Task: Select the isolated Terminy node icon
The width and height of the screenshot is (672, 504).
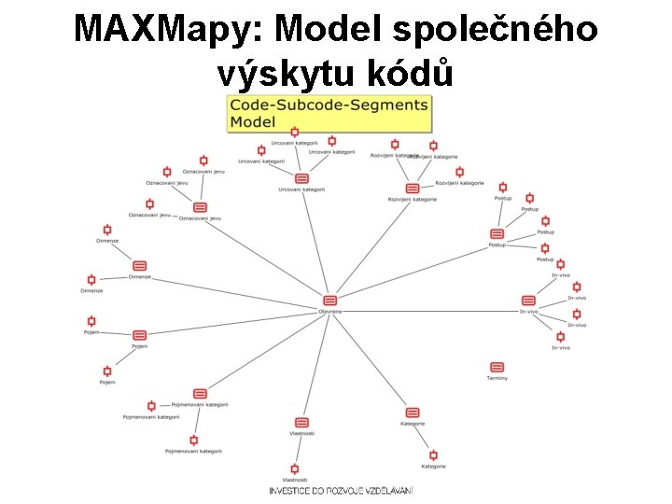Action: pos(497,368)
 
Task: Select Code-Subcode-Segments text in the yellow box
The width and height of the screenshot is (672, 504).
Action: pos(329,105)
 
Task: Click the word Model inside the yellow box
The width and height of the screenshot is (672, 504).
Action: pos(253,121)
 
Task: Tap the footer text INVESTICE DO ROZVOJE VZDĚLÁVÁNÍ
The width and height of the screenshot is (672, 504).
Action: pos(341,490)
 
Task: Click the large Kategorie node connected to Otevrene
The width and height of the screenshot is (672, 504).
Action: pos(413,413)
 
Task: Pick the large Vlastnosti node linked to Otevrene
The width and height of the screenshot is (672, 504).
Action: pos(301,423)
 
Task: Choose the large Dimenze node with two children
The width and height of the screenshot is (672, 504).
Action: pos(140,266)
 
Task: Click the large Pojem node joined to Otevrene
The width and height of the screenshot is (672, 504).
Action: pos(140,335)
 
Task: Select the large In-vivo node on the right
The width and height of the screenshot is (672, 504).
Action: pos(528,301)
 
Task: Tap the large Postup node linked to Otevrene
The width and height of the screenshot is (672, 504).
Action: pos(497,234)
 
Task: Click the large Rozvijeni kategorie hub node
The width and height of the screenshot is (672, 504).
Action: pos(413,189)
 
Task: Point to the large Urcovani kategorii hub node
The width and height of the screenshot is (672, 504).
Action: pos(301,178)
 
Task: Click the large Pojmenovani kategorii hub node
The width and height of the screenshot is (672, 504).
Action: pos(200,394)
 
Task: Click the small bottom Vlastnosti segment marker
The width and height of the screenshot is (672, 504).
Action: pos(295,469)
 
